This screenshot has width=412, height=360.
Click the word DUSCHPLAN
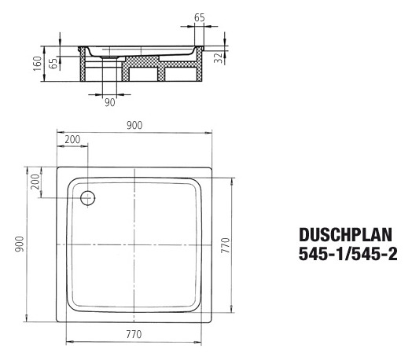tap(347, 233)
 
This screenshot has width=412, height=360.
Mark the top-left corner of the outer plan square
tap(55, 167)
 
